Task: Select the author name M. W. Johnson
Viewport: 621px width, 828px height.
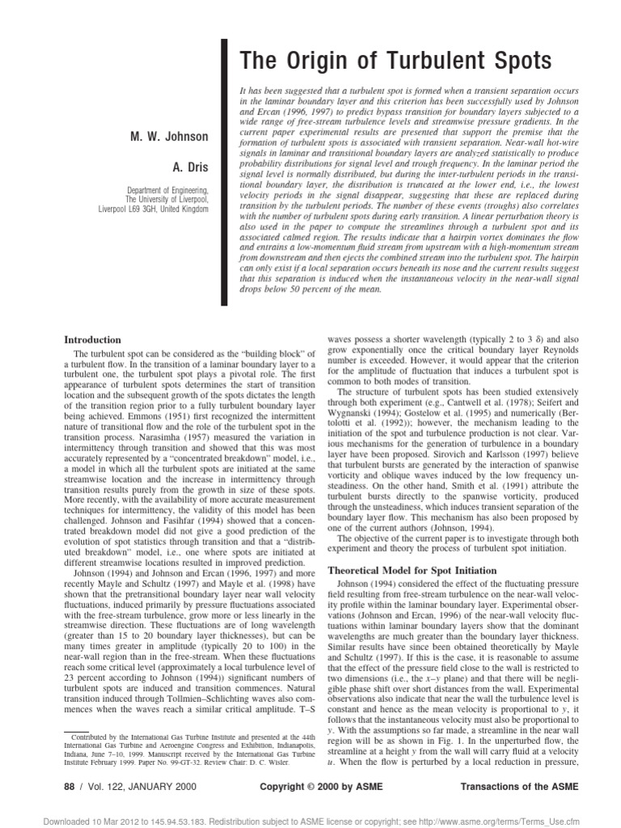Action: [170, 137]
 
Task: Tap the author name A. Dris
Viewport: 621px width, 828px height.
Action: [189, 167]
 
